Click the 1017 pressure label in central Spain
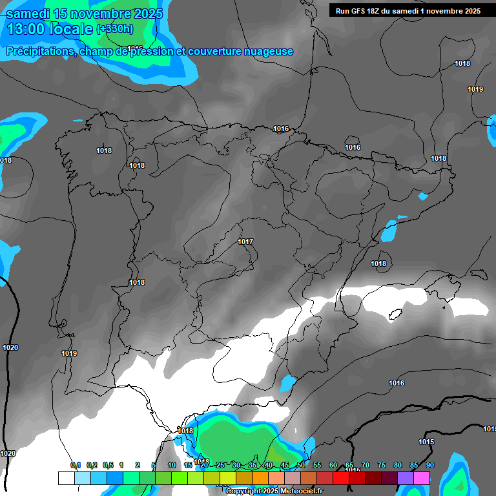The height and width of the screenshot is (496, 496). (245, 242)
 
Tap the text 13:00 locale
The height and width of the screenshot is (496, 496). (49, 29)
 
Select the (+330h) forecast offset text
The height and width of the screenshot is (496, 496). (114, 29)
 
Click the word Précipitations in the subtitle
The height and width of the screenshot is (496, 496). (39, 52)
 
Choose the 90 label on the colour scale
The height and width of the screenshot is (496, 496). (429, 465)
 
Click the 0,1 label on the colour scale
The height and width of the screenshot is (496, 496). (75, 465)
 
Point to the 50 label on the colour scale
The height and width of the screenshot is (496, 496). (301, 465)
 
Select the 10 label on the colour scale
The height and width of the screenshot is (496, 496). (172, 465)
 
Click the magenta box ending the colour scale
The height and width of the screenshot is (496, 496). (422, 478)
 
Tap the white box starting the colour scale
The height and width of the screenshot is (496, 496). (66, 478)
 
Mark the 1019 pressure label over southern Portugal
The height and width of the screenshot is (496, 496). (69, 353)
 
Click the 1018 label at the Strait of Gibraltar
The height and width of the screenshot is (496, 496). (185, 431)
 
